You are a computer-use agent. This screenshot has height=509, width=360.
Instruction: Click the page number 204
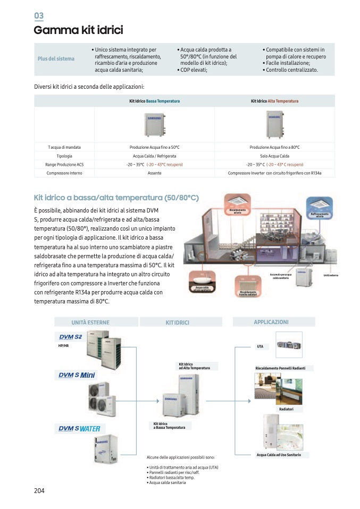click(39, 490)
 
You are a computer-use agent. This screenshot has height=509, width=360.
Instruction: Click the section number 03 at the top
click(38, 16)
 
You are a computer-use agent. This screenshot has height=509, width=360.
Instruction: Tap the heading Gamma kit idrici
click(78, 30)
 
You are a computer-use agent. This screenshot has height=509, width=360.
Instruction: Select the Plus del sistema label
click(56, 58)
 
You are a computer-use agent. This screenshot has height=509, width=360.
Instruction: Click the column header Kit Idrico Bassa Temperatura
click(154, 101)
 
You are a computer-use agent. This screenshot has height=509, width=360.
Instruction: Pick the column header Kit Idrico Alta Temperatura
click(274, 101)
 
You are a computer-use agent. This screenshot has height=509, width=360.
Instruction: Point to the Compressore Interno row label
click(64, 173)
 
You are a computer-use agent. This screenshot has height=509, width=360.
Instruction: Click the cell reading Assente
click(154, 173)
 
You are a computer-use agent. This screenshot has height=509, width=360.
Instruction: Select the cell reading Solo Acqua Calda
click(274, 156)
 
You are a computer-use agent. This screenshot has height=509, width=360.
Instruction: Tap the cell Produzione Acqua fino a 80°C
click(274, 147)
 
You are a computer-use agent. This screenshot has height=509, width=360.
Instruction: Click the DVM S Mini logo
click(78, 376)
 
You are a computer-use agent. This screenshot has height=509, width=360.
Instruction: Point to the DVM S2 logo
click(70, 337)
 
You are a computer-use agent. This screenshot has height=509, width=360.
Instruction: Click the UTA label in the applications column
click(260, 346)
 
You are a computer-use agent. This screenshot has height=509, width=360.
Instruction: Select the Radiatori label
click(286, 409)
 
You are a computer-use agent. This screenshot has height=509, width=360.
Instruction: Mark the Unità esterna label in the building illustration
click(330, 275)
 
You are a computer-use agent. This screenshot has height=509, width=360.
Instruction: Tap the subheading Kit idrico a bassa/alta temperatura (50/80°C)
click(116, 198)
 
